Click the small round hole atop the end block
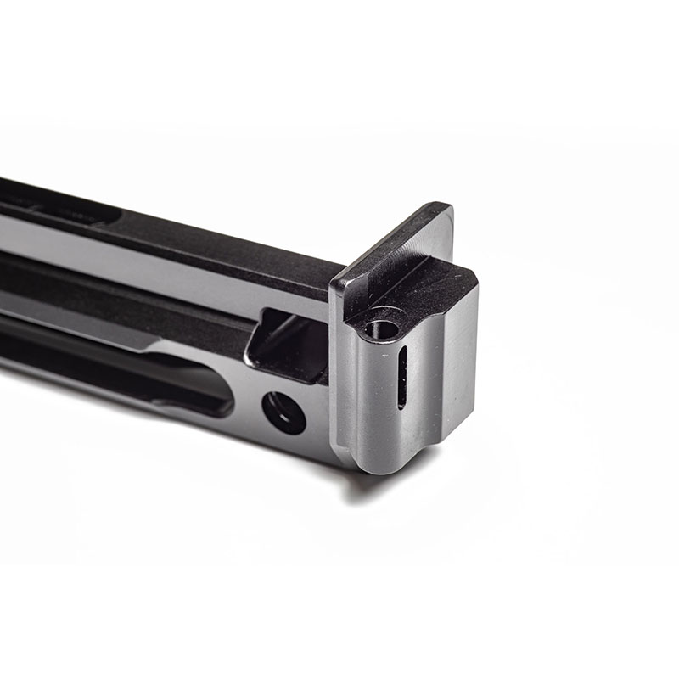pyautogui.click(x=377, y=325)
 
